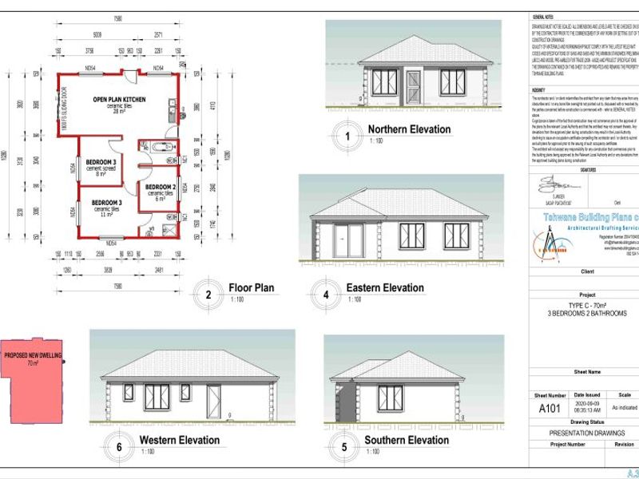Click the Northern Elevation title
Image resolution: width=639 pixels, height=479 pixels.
pos(408,129)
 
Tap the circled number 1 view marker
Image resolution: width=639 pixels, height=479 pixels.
pos(346,136)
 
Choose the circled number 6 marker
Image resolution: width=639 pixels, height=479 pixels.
pos(119,447)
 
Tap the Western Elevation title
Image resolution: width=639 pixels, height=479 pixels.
pos(179,440)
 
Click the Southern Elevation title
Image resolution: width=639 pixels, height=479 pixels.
pos(406,440)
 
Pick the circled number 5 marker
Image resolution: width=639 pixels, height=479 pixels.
pos(344,447)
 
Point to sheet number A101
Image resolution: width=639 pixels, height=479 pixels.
pos(549,408)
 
